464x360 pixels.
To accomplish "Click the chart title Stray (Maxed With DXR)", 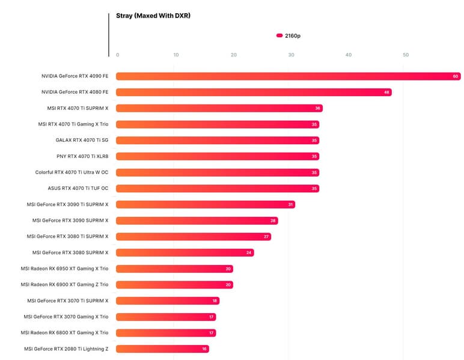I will coord(153,16).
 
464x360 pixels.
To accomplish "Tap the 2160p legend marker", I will coord(279,36).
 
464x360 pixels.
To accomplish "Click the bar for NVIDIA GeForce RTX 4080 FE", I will coord(252,93).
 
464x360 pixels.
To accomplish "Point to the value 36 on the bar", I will coord(317,109).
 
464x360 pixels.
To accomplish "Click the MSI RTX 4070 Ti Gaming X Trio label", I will coord(73,124).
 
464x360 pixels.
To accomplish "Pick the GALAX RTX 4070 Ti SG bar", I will coord(216,141).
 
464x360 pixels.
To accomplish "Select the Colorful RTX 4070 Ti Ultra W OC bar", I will coord(216,172).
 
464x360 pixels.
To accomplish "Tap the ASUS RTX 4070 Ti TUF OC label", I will coord(78,188).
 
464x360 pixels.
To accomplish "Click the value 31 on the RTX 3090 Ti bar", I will coord(290,205).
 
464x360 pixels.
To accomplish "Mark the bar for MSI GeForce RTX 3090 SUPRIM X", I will coord(197,221).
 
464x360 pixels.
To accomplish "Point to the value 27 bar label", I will coord(266,237).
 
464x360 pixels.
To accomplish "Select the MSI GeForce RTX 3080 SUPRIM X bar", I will coord(185,252).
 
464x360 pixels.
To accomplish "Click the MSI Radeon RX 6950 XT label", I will coord(64,268).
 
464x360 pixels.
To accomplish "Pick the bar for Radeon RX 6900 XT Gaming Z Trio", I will coord(174,285).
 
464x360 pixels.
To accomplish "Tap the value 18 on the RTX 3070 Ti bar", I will coord(215,301).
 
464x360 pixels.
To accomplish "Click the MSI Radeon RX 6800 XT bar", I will coord(165,333).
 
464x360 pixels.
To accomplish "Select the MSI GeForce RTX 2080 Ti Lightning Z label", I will coord(66,349).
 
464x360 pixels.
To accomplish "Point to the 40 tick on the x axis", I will coord(348,55).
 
